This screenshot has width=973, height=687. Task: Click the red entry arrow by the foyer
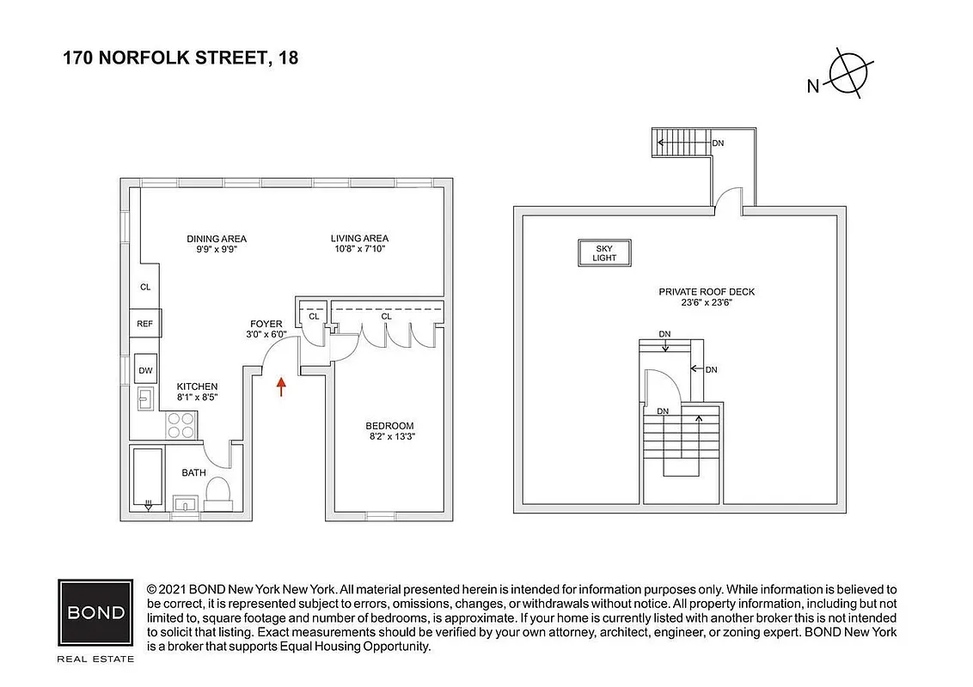coord(280,386)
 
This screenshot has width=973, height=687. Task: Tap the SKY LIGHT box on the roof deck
coord(604,252)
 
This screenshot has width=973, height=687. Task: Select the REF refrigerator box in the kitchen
coord(144,324)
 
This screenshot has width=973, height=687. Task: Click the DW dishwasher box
coord(145,370)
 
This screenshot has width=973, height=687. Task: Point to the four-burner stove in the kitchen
coord(181,424)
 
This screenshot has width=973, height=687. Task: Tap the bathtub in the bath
coord(149,479)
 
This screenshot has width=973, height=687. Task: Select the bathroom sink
coord(185,503)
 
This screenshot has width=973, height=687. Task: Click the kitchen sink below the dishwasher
coord(145,399)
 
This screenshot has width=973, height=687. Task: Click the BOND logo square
coord(95,613)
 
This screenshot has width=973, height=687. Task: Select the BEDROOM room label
coord(389,426)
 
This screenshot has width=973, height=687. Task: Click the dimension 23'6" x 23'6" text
coord(707,303)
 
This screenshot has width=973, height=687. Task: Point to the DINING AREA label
coord(216,239)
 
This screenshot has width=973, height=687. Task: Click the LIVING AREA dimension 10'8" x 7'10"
coord(359,249)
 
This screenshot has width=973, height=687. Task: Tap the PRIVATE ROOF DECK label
coord(707,292)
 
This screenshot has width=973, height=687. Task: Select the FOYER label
coord(266,324)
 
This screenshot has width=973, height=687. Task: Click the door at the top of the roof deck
coord(728,199)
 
